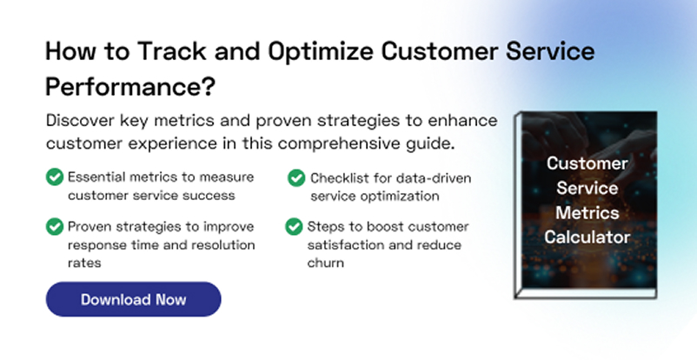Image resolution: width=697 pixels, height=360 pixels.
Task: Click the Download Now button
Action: [133, 299]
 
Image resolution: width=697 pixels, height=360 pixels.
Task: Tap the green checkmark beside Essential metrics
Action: [55, 177]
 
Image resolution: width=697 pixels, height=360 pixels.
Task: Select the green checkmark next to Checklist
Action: [296, 178]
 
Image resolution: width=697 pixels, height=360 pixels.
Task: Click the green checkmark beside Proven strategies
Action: [55, 226]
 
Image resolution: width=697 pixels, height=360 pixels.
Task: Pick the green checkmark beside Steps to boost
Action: [294, 226]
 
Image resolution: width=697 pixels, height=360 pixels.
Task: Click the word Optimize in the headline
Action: [321, 51]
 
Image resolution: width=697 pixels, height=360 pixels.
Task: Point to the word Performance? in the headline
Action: [130, 86]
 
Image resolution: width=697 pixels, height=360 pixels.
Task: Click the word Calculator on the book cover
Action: [587, 237]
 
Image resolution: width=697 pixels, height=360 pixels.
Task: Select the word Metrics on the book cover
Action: [587, 213]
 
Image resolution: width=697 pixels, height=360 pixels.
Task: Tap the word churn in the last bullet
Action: [325, 263]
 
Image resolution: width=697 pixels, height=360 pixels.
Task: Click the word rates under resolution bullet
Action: [84, 263]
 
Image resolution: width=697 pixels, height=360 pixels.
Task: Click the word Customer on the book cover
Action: [587, 163]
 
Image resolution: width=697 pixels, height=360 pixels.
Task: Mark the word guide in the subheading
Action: [429, 143]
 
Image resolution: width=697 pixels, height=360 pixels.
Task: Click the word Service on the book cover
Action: [587, 188]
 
